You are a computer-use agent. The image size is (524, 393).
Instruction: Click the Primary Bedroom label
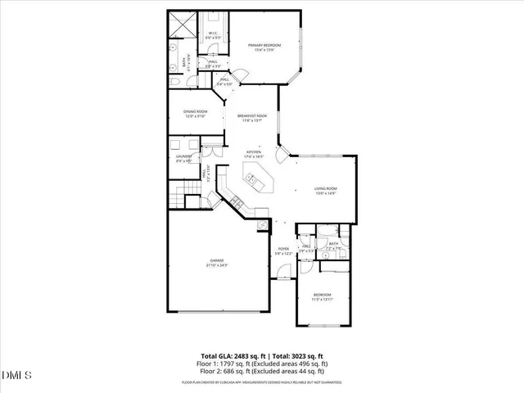coord(264,45)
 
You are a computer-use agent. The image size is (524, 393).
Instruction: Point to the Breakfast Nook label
coord(249,116)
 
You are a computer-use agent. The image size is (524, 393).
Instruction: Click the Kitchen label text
coord(255,151)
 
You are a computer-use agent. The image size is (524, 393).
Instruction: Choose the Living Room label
coord(326,189)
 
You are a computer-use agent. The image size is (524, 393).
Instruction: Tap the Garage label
coord(216,261)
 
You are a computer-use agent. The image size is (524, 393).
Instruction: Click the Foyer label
coord(283,249)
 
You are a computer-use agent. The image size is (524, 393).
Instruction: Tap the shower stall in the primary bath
coord(181,26)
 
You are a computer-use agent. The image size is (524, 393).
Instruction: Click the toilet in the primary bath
coord(177,84)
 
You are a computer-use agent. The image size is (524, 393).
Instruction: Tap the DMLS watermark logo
coord(16,376)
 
